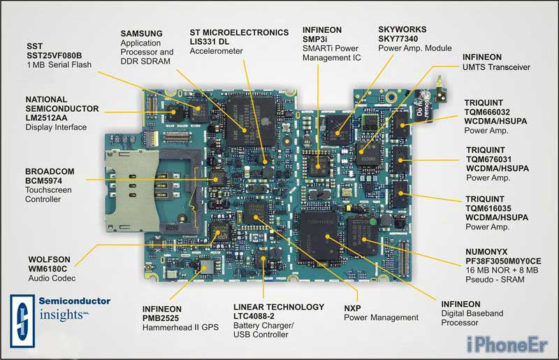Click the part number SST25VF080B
[x=55, y=55]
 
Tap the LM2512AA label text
[x=46, y=117]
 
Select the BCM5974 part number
[x=43, y=180]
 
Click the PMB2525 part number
[x=161, y=318]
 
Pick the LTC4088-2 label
[x=254, y=316]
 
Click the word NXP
[x=353, y=308]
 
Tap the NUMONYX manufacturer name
[x=486, y=252]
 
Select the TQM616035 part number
[x=488, y=208]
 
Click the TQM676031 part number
[x=488, y=159]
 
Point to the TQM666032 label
[x=487, y=112]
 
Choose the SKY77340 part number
[x=398, y=38]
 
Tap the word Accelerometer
[x=216, y=51]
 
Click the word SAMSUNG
[x=142, y=34]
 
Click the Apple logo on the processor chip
[x=265, y=122]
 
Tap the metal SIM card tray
[x=132, y=190]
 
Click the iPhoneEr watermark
[x=507, y=345]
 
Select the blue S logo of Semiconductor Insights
[x=22, y=321]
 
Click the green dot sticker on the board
[x=373, y=222]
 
